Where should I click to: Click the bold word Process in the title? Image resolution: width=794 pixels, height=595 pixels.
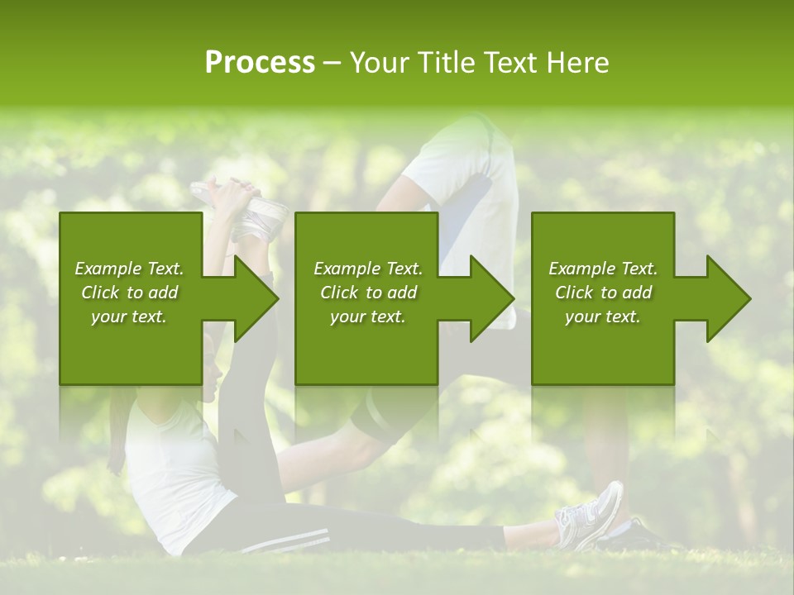click(260, 62)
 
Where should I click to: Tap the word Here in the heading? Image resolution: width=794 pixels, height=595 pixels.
click(578, 62)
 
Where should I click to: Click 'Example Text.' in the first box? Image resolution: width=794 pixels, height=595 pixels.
click(129, 269)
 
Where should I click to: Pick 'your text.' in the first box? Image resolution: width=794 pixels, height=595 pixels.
click(129, 317)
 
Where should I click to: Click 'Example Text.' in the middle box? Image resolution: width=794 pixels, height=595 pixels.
click(368, 269)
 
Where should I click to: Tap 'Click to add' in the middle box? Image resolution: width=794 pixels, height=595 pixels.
click(368, 293)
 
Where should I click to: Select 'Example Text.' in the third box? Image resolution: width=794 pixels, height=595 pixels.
click(603, 269)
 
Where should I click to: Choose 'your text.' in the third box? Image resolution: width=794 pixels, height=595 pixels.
click(603, 317)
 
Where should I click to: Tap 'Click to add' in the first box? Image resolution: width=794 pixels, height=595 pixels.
click(129, 293)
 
